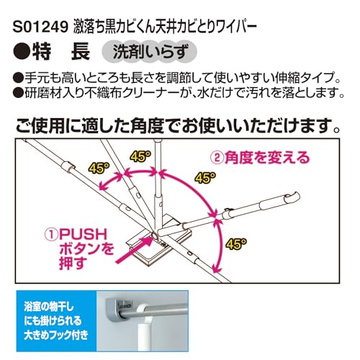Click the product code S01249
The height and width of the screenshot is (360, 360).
40,27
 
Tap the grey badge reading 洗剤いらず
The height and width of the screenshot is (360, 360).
149,52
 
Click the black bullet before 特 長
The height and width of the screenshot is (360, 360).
22,51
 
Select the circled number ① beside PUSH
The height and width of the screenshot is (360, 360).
51,235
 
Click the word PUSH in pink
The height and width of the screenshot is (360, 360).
83,234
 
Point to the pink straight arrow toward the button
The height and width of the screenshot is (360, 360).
135,250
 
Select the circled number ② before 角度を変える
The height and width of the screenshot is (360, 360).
217,158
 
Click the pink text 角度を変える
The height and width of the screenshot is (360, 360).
267,158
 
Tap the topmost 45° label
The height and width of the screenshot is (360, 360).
140,156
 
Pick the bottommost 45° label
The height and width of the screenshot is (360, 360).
236,244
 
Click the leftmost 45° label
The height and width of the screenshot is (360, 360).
99,168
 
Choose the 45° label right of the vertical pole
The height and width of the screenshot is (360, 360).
205,178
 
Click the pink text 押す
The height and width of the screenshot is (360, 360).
73,264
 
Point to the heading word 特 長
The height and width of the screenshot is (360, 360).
61,51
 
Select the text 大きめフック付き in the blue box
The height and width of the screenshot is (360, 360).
56,335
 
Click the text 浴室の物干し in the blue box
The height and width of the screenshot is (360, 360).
49,307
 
